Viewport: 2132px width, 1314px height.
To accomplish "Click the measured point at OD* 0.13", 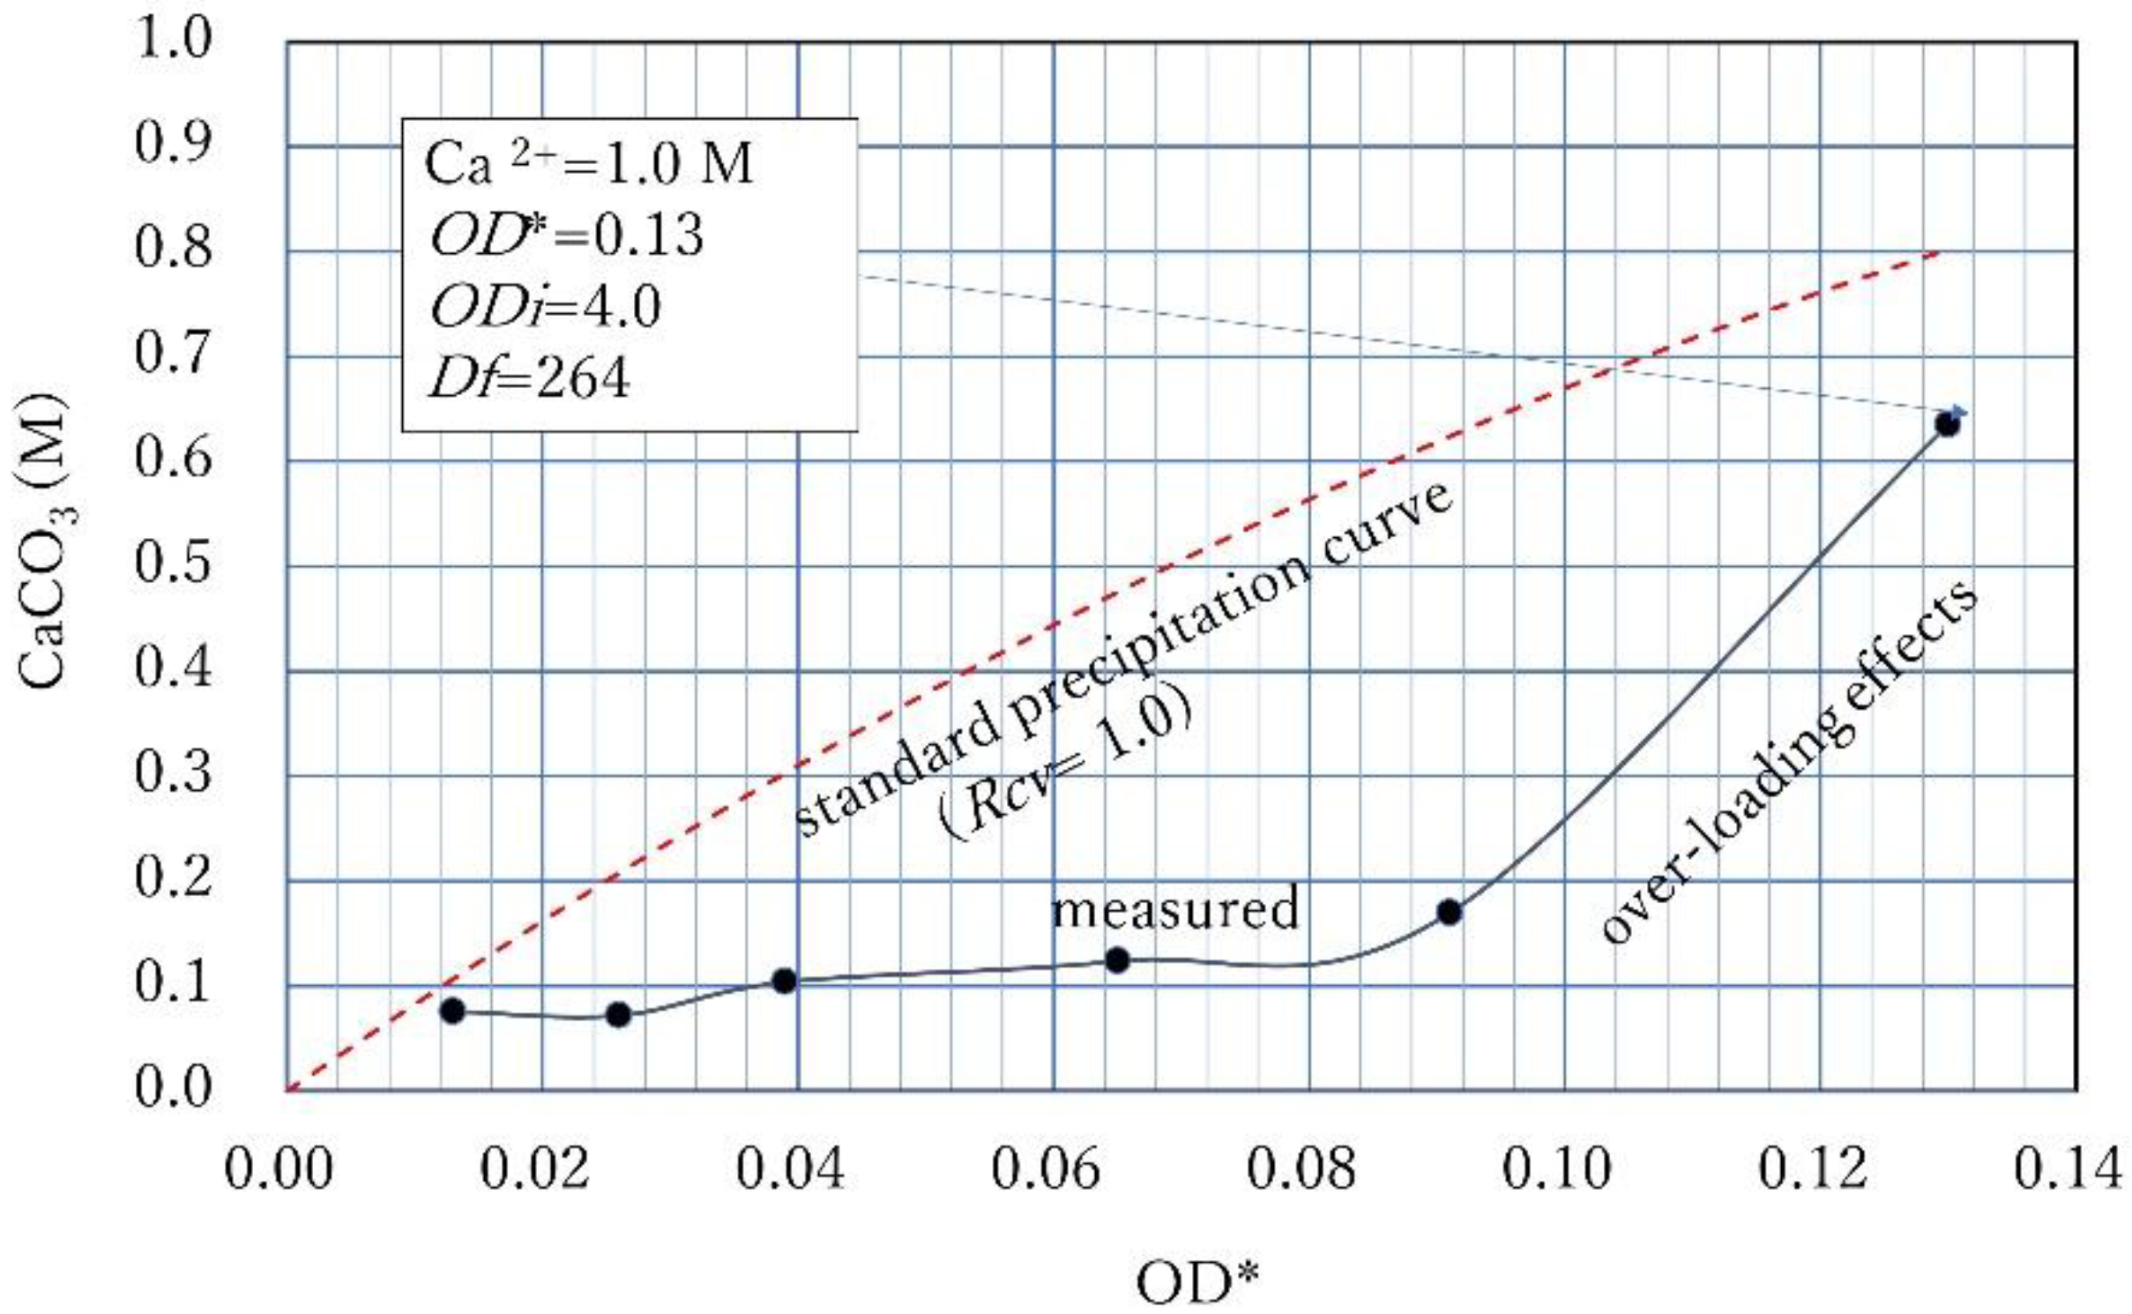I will [1947, 424].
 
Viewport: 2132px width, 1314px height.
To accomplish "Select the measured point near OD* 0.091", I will [1449, 912].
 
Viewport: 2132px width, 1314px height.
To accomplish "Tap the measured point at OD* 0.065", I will [1116, 959].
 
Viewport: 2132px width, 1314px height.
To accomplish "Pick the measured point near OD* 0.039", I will [784, 981].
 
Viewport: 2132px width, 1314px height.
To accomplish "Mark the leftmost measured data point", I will [452, 1011].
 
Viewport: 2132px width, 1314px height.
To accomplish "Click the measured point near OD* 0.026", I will [618, 1014].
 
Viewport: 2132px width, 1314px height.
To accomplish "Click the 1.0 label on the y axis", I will [173, 41].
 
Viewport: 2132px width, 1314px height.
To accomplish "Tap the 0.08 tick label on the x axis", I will [1301, 1169].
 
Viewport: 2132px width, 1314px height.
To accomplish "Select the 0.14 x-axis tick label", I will [2067, 1169].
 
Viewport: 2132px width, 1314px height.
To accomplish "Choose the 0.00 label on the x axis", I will [279, 1169].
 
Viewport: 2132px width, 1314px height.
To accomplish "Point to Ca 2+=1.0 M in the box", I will [588, 165].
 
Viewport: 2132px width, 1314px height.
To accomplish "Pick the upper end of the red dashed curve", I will [1938, 253].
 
